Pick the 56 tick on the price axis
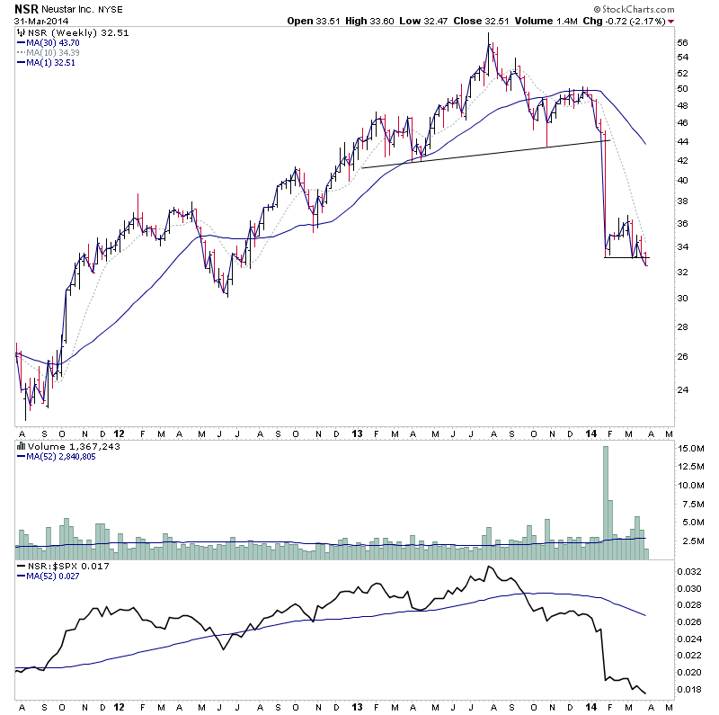click(x=682, y=42)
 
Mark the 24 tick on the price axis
click(x=682, y=389)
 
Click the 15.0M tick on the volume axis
click(x=689, y=448)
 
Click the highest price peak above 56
click(x=488, y=34)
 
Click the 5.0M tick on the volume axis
click(x=689, y=522)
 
